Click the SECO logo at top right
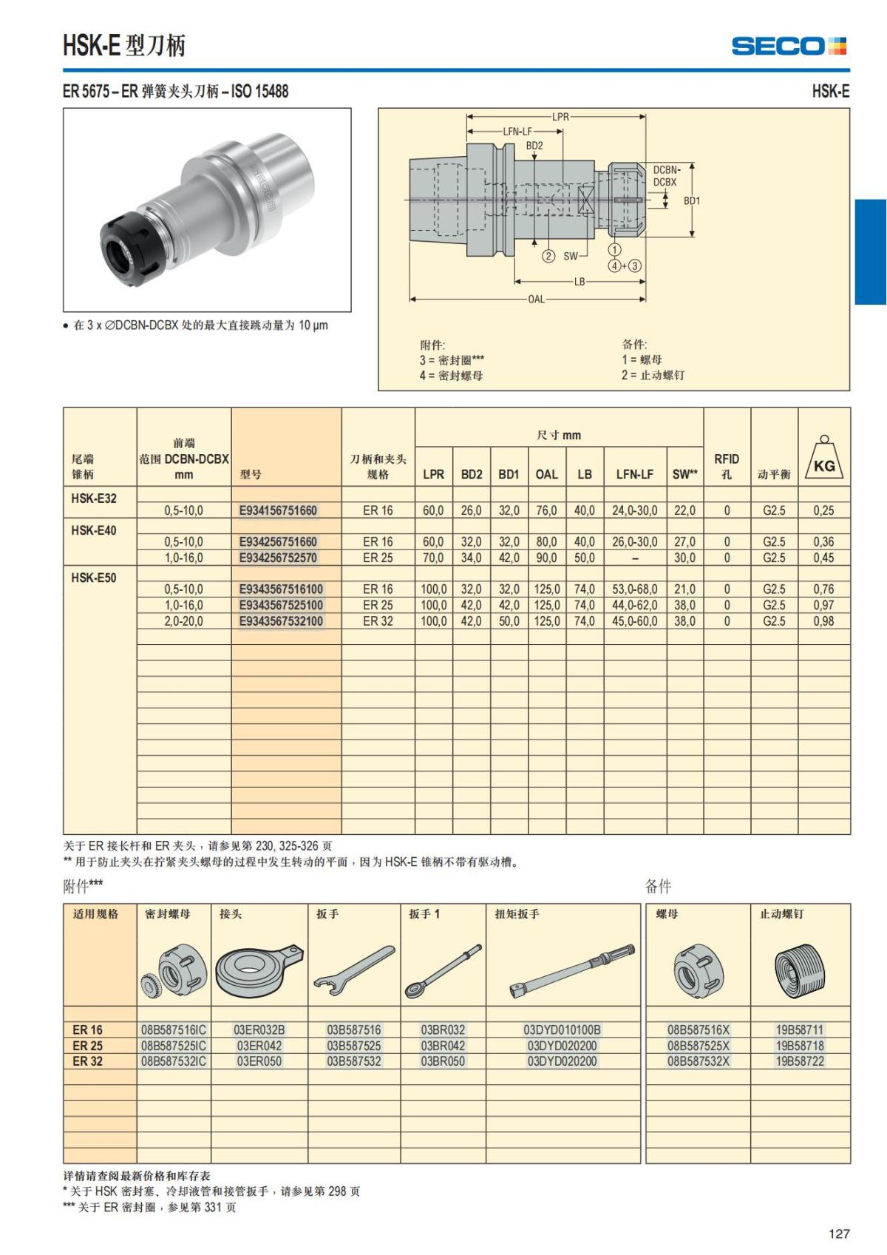(789, 47)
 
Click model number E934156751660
(278, 510)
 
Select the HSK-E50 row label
(94, 578)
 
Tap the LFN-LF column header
(635, 474)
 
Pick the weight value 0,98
(823, 621)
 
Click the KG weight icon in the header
(824, 458)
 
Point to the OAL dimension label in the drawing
(536, 300)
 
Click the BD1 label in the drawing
(692, 200)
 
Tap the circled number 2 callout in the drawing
(548, 257)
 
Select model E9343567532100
(281, 621)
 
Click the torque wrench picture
(572, 970)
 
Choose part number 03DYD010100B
(562, 1029)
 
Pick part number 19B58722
(799, 1061)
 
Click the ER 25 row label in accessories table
(88, 1046)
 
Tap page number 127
(839, 1234)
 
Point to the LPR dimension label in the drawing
(560, 117)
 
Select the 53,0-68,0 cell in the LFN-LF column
(634, 589)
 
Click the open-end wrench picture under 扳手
(354, 970)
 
